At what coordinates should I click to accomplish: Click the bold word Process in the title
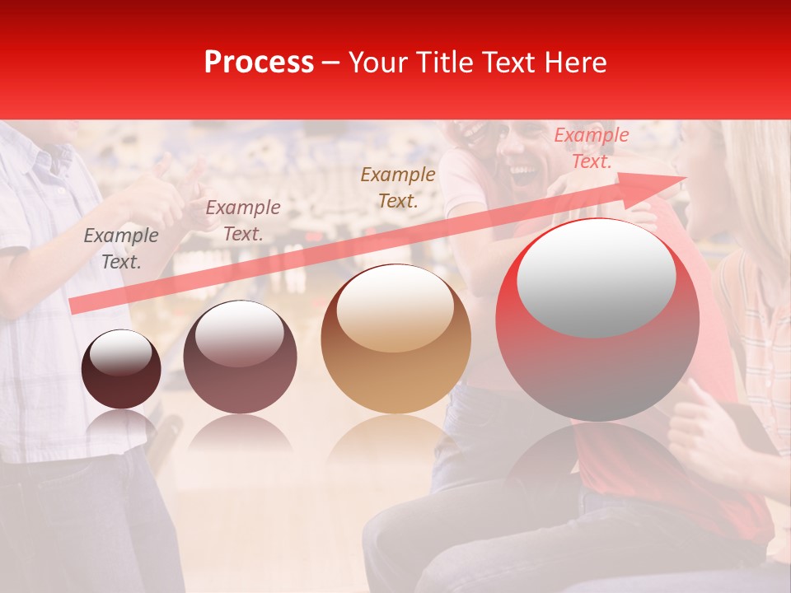click(x=259, y=62)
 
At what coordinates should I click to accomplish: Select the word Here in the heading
click(x=577, y=62)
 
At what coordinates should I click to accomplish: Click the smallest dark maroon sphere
click(x=121, y=369)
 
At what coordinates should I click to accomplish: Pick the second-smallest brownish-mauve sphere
click(x=240, y=357)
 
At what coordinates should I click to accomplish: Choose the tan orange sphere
click(x=395, y=339)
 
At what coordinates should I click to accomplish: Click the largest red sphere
click(x=597, y=320)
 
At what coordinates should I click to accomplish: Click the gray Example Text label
click(x=121, y=248)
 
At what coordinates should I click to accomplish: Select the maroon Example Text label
click(x=242, y=221)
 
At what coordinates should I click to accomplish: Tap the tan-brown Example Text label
click(x=398, y=187)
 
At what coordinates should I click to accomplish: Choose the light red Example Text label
click(x=592, y=148)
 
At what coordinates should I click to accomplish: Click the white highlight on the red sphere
click(x=596, y=278)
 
